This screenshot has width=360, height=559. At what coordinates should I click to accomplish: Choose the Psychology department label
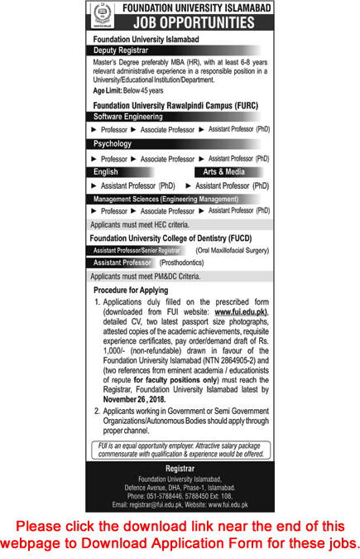113,144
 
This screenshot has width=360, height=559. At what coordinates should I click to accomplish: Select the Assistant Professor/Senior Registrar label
137,249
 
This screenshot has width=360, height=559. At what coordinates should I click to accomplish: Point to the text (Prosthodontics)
185,262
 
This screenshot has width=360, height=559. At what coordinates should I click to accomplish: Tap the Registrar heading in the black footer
180,468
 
